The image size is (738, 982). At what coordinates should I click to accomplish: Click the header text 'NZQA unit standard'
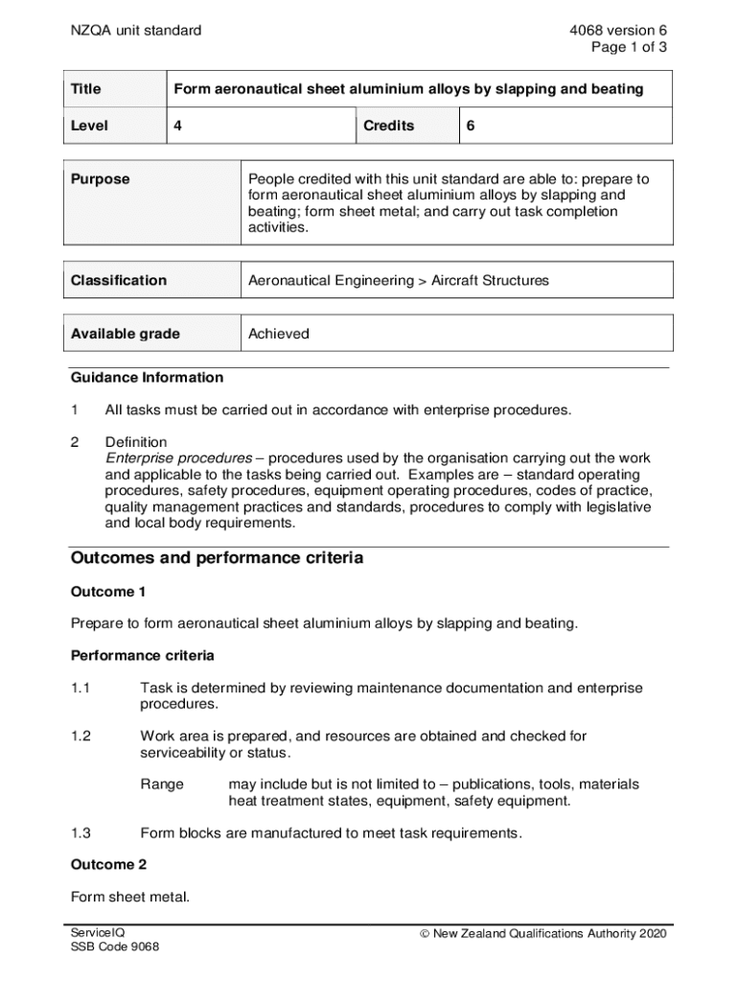[x=136, y=31]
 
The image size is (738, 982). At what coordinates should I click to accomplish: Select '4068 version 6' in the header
[x=617, y=31]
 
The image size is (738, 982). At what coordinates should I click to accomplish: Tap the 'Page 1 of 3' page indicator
[x=629, y=47]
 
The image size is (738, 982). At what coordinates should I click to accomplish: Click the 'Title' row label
[x=86, y=89]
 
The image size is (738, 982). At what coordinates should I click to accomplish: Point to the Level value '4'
[x=177, y=126]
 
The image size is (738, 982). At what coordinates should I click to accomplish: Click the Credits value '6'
[x=471, y=126]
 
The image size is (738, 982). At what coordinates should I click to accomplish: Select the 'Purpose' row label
[x=101, y=179]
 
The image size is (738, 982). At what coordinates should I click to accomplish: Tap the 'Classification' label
[x=119, y=281]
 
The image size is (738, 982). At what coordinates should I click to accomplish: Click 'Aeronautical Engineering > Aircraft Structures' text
[x=399, y=281]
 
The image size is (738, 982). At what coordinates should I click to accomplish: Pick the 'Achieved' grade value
[x=279, y=335]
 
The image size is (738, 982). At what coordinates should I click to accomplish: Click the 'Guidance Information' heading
[x=147, y=378]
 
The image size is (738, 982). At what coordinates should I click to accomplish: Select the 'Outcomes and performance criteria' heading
[x=217, y=558]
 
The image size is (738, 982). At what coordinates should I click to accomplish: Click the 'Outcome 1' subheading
[x=108, y=592]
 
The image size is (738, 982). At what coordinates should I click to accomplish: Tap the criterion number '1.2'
[x=81, y=736]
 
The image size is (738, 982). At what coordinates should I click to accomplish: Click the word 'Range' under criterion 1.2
[x=162, y=784]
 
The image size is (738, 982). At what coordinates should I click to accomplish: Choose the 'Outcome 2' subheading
[x=108, y=865]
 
